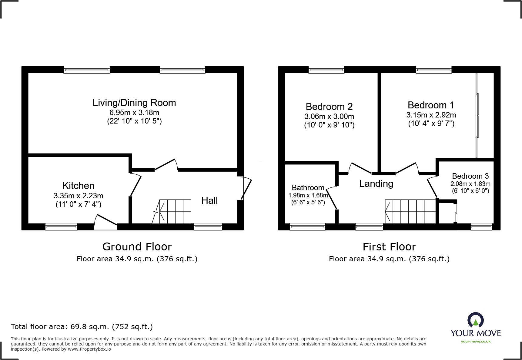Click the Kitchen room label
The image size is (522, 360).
[x=78, y=186]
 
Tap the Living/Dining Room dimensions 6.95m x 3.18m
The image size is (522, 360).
[x=134, y=113]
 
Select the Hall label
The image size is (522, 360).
[x=209, y=200]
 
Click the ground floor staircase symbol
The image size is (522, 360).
[x=175, y=211]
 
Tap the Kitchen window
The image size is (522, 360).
[x=61, y=226]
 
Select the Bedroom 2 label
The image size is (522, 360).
[x=329, y=107]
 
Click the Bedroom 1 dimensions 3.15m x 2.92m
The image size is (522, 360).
[x=431, y=115]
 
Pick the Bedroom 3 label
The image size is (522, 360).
[x=470, y=176]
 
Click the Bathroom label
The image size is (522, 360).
[x=308, y=188]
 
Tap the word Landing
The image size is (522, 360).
[x=376, y=183]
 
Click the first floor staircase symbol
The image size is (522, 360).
[x=410, y=211]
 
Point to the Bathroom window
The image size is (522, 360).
[x=307, y=226]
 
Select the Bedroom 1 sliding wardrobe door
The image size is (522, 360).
[x=477, y=115]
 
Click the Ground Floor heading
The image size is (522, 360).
[x=137, y=246]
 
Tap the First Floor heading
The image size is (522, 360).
[x=389, y=246]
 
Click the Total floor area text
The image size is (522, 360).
[x=82, y=327]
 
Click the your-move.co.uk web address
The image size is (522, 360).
[x=476, y=342]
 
